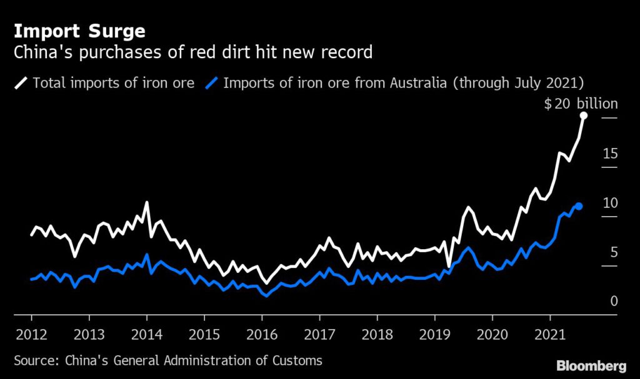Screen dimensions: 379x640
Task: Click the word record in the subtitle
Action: click(347, 52)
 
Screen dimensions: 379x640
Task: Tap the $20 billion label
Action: click(581, 104)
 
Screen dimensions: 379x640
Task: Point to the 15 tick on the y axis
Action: click(610, 154)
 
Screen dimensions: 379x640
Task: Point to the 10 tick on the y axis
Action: click(610, 203)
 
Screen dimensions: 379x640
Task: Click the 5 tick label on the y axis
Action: click(613, 252)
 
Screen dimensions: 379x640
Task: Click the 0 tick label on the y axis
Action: click(613, 302)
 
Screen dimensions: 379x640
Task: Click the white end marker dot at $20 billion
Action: click(583, 116)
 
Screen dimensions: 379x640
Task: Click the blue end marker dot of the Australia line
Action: click(579, 206)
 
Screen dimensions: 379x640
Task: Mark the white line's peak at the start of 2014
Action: click(146, 202)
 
